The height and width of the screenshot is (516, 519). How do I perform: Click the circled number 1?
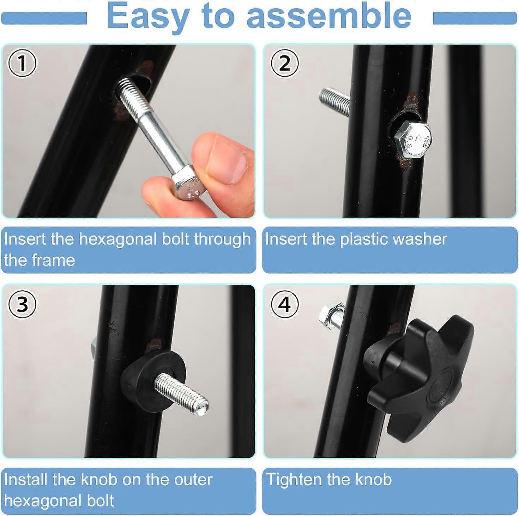(22, 63)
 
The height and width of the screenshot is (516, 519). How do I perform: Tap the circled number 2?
(284, 63)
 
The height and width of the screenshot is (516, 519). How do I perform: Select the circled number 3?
(22, 304)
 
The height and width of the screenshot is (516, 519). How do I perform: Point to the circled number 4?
(284, 304)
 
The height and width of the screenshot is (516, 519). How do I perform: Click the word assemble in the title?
(329, 16)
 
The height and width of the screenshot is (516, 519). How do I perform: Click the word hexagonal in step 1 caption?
(118, 239)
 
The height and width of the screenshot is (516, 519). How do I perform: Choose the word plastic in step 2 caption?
(364, 239)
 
